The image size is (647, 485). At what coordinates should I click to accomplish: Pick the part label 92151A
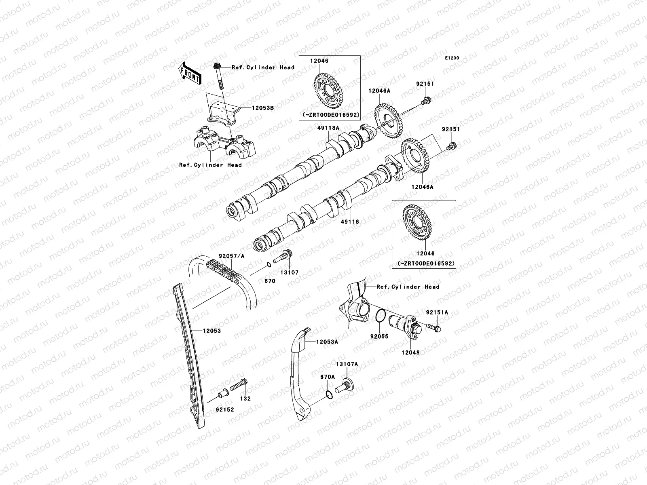click(437, 312)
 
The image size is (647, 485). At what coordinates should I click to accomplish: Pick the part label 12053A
click(327, 342)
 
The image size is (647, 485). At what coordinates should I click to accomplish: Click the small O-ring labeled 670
click(269, 265)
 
